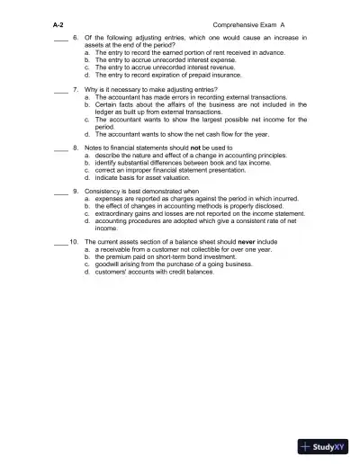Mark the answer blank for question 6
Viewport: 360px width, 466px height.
(60, 38)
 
